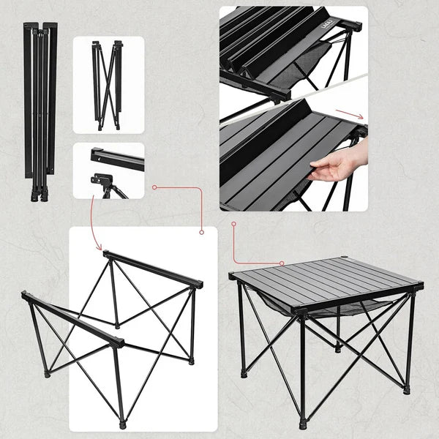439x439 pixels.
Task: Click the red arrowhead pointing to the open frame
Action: coord(100,248)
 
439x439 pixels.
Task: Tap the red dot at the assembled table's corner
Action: coord(282,263)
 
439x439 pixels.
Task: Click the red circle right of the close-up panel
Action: coord(154,187)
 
